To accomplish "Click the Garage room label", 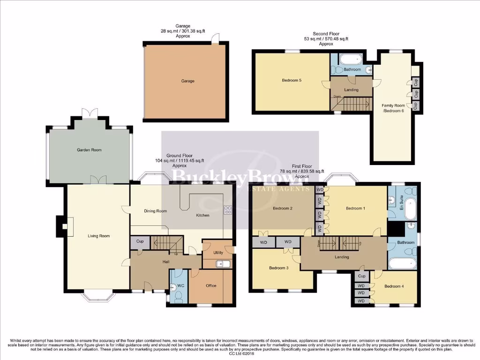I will tap(187, 81).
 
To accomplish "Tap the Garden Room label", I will tap(89, 150).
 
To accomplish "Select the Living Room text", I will tap(98, 236).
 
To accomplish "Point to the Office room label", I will tap(211, 285).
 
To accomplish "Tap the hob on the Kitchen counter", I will tap(228, 210).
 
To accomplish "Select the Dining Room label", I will tap(155, 211).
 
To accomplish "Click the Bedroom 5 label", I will tap(292, 80).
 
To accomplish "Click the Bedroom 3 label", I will tap(279, 268).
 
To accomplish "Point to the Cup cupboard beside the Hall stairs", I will tap(140, 241).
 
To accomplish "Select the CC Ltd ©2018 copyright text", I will tap(240, 354).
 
